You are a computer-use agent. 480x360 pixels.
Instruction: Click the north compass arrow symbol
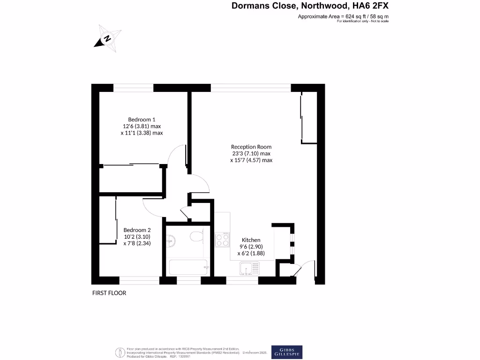[108, 39]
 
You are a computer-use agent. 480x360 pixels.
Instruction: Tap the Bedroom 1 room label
[142, 119]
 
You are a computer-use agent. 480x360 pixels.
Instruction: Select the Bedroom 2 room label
[137, 230]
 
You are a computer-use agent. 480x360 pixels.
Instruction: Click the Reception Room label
[251, 147]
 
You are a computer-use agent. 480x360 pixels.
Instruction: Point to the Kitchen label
[251, 240]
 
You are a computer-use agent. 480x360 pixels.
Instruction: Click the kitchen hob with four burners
[222, 240]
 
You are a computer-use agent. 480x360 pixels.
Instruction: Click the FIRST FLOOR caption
[109, 293]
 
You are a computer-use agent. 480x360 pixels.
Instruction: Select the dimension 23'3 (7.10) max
[251, 153]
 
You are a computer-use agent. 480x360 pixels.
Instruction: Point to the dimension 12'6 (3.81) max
[142, 126]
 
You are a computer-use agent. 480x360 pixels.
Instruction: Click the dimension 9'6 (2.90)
[251, 247]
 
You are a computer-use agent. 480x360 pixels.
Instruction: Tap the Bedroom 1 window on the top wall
[134, 88]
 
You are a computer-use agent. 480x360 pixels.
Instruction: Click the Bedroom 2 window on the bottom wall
[139, 281]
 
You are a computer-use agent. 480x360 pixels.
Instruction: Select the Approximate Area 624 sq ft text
[343, 16]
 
